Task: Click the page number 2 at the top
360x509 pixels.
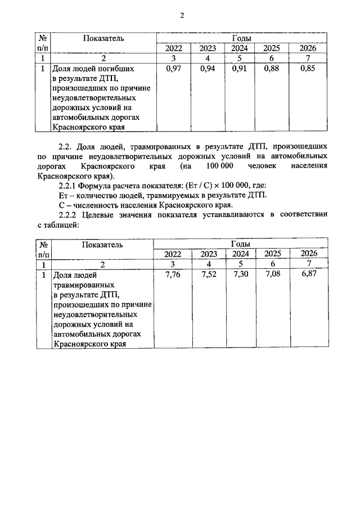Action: click(x=182, y=15)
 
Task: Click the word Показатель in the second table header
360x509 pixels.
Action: click(x=101, y=244)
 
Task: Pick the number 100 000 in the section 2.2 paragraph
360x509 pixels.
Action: click(x=219, y=167)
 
